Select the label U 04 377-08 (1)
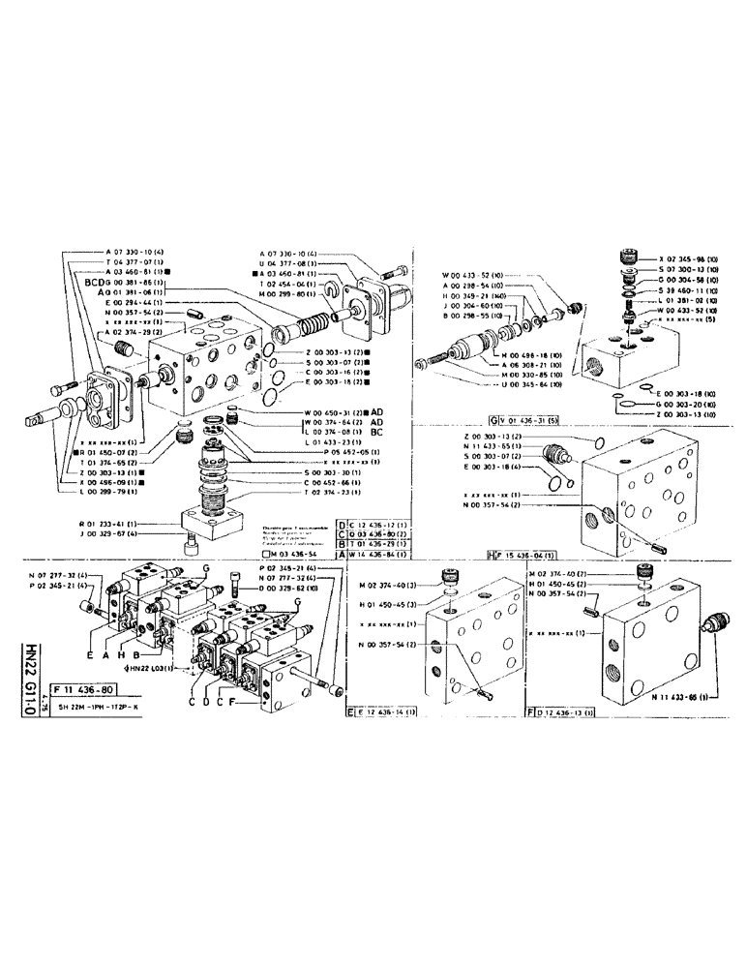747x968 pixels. click(296, 262)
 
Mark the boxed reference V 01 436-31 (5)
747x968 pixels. click(524, 417)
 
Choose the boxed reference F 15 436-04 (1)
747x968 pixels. click(525, 557)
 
